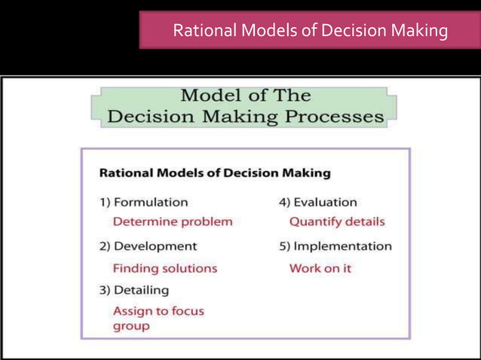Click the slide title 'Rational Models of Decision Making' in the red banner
coord(310,32)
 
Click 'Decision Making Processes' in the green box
coord(246,117)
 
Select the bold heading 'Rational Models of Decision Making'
coord(215,173)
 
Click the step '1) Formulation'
coord(143,202)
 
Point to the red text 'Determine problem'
coord(173,221)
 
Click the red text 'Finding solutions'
coord(164,268)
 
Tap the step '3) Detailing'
coord(134,290)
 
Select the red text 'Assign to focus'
coord(158,310)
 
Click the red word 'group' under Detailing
coord(131,326)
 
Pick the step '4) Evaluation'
coord(317,202)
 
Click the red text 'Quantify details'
coord(337,221)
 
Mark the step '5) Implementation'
coord(335,246)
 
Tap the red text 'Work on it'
coord(320,268)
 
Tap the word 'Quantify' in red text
coord(314,221)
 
